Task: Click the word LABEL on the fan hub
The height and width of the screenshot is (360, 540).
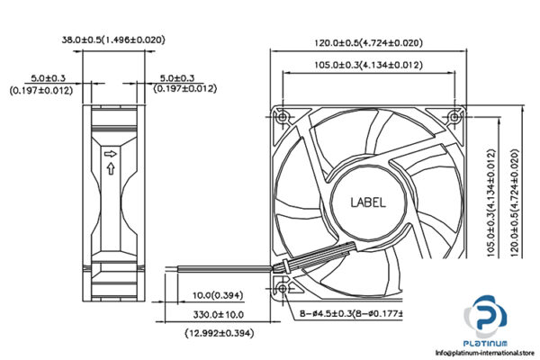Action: click(366, 202)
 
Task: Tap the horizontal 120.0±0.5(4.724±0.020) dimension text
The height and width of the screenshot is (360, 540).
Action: click(366, 42)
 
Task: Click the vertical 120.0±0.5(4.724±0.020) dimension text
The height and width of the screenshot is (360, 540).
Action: click(514, 202)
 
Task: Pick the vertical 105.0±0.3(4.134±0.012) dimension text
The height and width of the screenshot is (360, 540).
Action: click(491, 202)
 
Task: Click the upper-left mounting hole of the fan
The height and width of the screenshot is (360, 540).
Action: click(283, 117)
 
